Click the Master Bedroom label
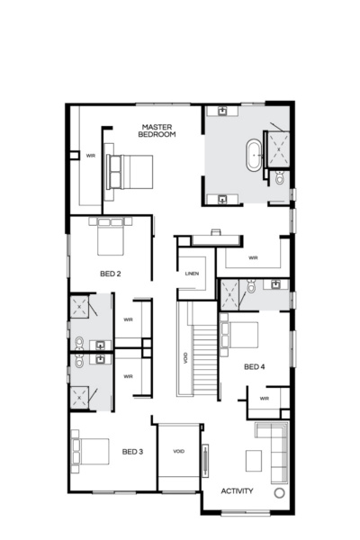pos(157,130)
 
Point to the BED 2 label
pos(111,272)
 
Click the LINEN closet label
pos(191,274)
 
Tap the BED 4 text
pos(255,366)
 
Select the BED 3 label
pos(132,451)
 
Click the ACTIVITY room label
pos(238,491)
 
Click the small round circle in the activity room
pos(279,494)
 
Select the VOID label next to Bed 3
pos(178,451)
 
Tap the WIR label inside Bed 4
pos(264,397)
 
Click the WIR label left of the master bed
pos(90,156)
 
